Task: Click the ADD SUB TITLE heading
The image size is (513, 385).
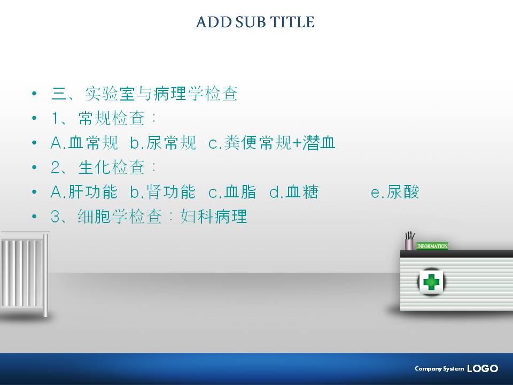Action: click(255, 22)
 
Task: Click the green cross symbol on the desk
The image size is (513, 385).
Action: click(431, 282)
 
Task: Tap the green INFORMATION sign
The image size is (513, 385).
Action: click(432, 246)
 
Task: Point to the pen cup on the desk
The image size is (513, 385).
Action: click(409, 241)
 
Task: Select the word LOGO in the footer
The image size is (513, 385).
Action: click(483, 368)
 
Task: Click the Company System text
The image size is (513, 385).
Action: click(439, 368)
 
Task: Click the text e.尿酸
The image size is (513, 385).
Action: click(395, 192)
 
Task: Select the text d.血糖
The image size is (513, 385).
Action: click(293, 192)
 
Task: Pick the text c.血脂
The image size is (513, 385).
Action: click(232, 192)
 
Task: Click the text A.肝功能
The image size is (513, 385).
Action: click(84, 192)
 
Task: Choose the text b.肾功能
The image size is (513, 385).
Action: click(162, 192)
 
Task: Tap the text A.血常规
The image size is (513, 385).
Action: click(84, 143)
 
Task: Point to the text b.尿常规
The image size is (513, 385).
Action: click(163, 143)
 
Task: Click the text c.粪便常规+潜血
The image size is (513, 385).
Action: click(272, 143)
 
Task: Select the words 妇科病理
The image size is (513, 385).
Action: click(214, 217)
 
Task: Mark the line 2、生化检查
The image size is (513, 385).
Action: click(103, 167)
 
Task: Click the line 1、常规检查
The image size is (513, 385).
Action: click(103, 118)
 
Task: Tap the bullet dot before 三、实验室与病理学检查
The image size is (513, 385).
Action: click(34, 94)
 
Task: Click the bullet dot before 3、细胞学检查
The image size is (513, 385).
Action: click(34, 217)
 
